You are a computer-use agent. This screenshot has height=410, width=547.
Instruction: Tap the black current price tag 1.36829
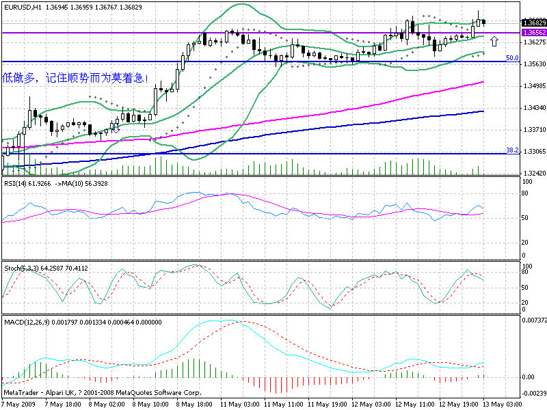pyautogui.click(x=533, y=22)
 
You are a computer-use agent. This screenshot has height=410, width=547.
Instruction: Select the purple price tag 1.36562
pyautogui.click(x=533, y=32)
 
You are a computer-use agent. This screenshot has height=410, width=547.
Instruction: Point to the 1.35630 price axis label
pyautogui.click(x=532, y=64)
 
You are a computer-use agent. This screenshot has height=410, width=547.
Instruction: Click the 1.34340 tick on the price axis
pyautogui.click(x=532, y=108)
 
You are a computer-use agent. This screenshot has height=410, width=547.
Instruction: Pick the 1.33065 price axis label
pyautogui.click(x=532, y=152)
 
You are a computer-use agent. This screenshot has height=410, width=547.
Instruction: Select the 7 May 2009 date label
pyautogui.click(x=19, y=404)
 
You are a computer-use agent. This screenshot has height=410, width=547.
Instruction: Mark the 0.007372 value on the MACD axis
pyautogui.click(x=533, y=320)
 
